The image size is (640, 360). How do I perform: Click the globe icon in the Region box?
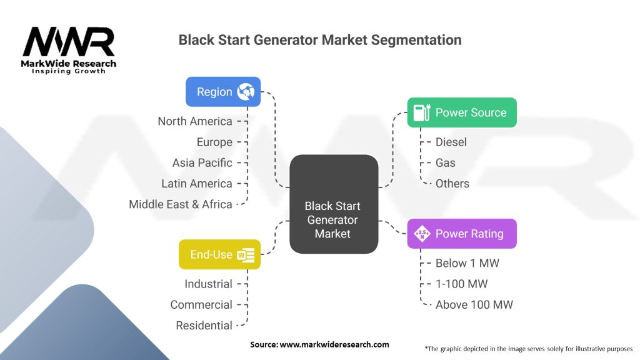click(246, 91)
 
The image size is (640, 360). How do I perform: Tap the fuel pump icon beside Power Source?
click(422, 112)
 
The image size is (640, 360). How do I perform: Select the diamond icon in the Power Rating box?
click(422, 234)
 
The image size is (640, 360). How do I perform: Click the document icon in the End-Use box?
click(246, 255)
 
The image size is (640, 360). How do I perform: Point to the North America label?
click(195, 121)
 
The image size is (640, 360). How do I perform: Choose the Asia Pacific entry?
click(202, 162)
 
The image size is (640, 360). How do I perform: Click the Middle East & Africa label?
click(181, 204)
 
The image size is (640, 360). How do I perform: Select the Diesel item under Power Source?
click(451, 142)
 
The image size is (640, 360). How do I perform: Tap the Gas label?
click(445, 162)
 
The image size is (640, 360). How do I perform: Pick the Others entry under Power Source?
click(452, 183)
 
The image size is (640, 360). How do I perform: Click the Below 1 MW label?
click(467, 263)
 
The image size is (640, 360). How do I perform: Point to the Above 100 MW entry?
click(474, 304)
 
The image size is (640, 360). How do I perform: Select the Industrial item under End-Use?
click(208, 284)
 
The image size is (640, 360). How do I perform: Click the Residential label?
click(204, 325)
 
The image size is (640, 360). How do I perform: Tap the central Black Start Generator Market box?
click(334, 204)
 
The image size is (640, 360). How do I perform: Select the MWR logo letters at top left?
click(68, 41)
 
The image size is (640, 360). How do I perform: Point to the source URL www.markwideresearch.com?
click(334, 344)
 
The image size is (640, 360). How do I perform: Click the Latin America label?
click(197, 183)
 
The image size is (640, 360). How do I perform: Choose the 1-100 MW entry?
click(462, 284)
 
